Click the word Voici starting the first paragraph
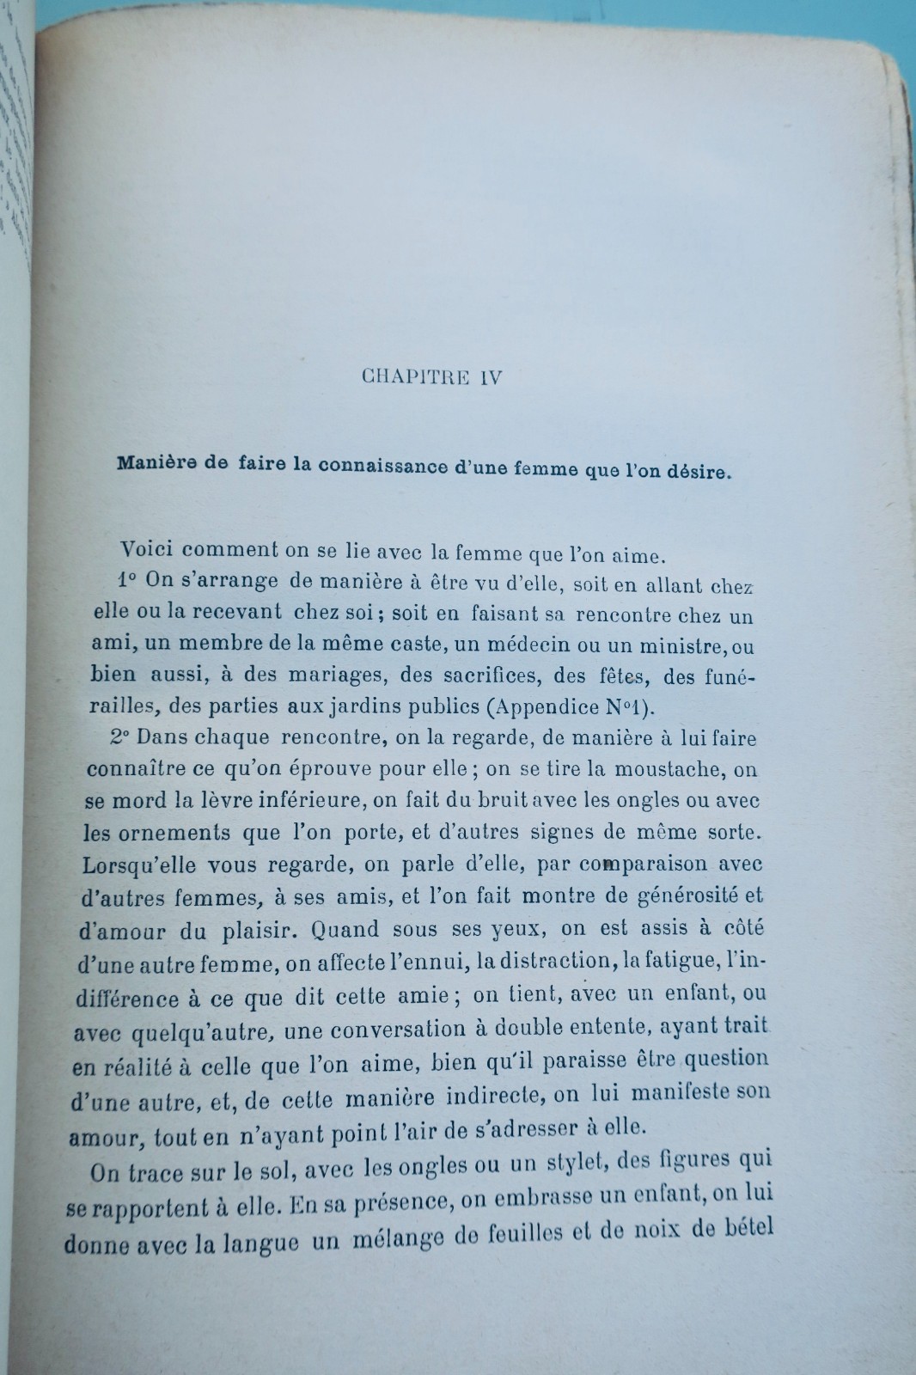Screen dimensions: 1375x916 pyautogui.click(x=150, y=549)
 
